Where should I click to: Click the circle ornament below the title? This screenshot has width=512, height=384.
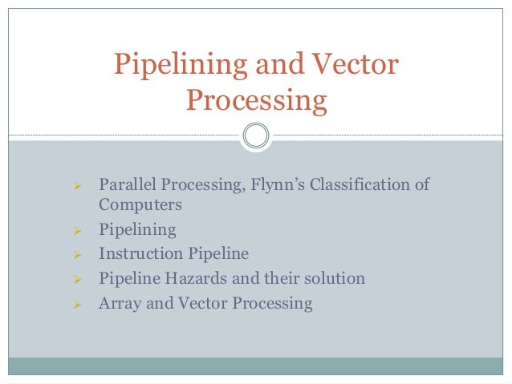256,135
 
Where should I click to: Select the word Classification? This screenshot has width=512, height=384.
369,185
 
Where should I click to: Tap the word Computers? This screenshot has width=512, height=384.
140,204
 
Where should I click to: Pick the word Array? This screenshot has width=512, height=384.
120,304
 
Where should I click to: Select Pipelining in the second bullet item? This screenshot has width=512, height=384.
137,230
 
